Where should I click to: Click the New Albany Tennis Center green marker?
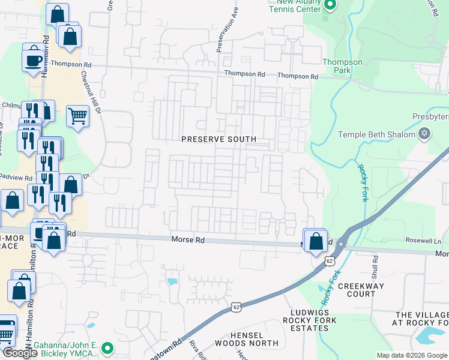[330, 5]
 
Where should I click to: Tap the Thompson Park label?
[342, 66]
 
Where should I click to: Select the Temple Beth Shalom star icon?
[424, 134]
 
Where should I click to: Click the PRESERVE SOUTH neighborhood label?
[219, 139]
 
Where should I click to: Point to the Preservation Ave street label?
[228, 30]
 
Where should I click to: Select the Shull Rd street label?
[376, 265]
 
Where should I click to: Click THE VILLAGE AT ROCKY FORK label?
[421, 319]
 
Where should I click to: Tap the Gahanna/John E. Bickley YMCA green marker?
[107, 348]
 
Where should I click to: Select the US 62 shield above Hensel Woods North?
[238, 307]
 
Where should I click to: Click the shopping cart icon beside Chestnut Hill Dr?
[77, 115]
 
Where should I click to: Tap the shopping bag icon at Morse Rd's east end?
[315, 241]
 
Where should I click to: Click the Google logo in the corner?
[20, 353]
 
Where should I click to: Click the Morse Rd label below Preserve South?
[188, 239]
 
